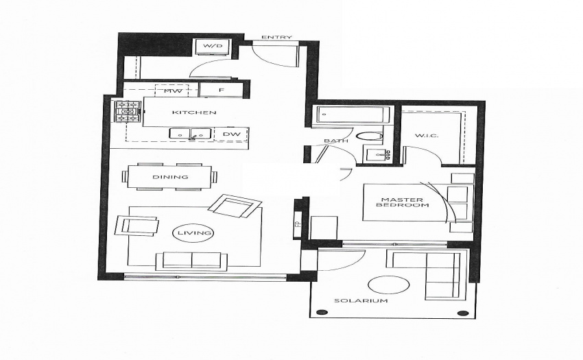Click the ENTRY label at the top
pos(276,37)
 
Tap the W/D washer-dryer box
pos(213,46)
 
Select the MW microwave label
pos(173,91)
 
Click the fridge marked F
pos(221,90)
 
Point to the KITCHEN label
pos(193,112)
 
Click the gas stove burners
pos(128,112)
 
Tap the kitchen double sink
pos(191,134)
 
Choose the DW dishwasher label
pos(231,134)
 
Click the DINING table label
pos(170,177)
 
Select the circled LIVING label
pos(194,233)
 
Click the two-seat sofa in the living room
pos(191,261)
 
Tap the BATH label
pos(336,141)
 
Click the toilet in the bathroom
pos(369,136)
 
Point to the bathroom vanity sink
pos(377,154)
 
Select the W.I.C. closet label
pos(427,135)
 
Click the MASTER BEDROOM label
pos(402,202)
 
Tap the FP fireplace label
pos(298,224)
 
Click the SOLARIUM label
pos(361,300)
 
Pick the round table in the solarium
pos(388,285)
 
